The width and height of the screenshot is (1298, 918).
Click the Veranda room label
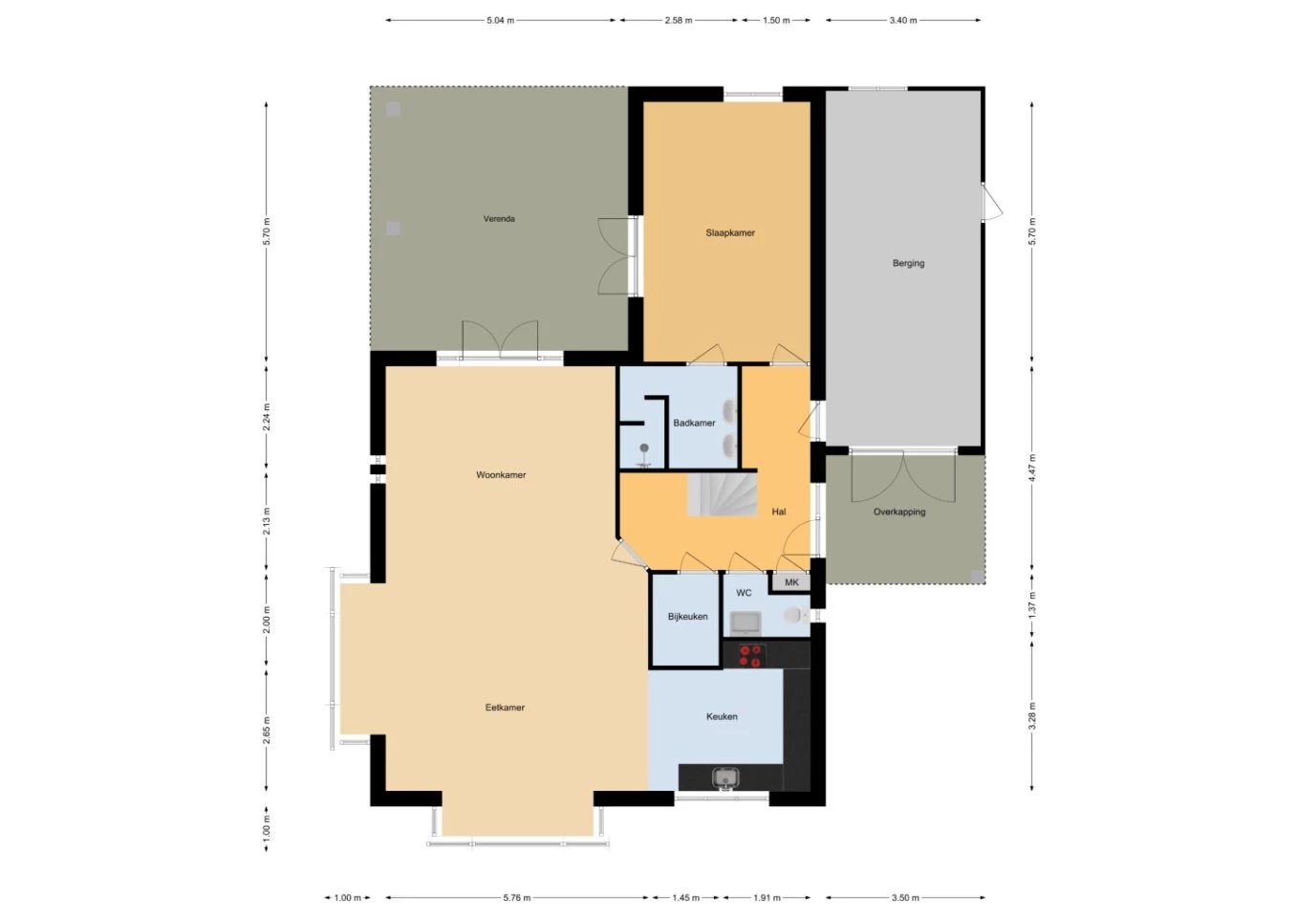click(499, 219)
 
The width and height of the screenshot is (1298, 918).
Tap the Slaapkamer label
click(730, 232)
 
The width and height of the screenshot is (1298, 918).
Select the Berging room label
click(908, 263)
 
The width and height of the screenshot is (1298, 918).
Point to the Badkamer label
click(694, 423)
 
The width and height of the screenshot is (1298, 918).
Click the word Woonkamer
click(501, 474)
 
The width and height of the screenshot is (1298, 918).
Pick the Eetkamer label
click(505, 708)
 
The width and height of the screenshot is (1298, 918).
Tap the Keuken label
click(722, 716)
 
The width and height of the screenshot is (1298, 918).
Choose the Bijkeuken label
click(687, 617)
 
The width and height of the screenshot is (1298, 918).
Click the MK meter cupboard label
click(791, 582)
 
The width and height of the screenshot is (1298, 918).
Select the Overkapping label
click(899, 512)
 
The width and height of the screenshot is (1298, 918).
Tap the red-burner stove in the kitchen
click(750, 655)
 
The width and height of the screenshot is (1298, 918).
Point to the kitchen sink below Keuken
click(725, 778)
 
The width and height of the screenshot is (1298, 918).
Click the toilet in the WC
click(794, 616)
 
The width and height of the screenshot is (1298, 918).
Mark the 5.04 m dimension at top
click(500, 20)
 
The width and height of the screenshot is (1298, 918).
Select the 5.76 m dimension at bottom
click(517, 898)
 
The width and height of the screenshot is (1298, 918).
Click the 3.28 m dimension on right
click(1032, 716)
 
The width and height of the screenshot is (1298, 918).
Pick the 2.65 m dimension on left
click(267, 730)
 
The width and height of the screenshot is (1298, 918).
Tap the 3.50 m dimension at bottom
click(905, 898)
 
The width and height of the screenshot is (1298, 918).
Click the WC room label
click(744, 593)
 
